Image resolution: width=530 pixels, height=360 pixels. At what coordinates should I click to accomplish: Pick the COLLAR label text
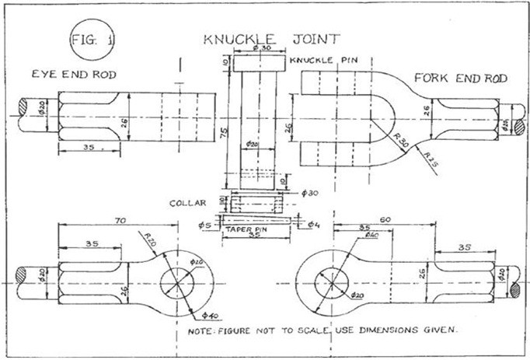point(189,204)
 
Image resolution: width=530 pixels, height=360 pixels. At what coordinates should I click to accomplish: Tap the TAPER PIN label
point(246,232)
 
